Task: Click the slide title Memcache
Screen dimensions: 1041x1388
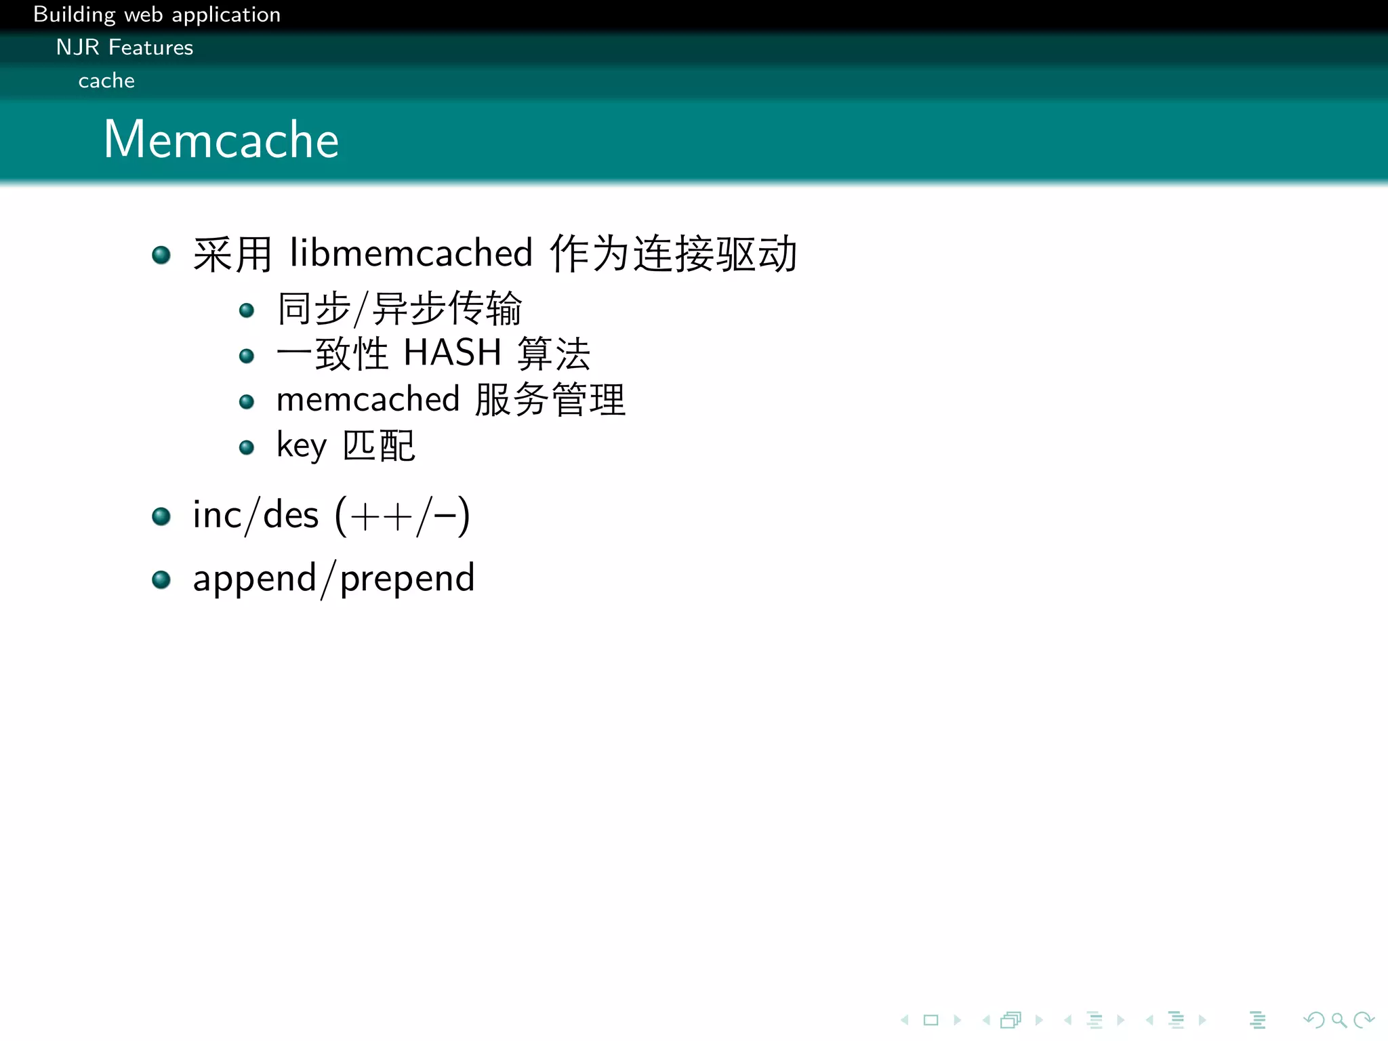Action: (221, 140)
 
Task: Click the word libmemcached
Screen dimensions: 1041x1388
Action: (411, 254)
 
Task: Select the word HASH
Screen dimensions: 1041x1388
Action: (452, 353)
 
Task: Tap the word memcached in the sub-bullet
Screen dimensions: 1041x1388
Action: (368, 399)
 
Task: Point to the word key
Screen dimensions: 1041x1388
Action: (301, 447)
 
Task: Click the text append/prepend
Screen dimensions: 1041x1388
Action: (333, 579)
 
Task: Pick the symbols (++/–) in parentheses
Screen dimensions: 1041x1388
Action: (402, 516)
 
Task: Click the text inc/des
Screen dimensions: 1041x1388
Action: (256, 516)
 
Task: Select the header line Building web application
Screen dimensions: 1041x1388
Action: (157, 14)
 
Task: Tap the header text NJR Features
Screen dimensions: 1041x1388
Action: (125, 47)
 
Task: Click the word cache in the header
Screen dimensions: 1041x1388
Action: (106, 81)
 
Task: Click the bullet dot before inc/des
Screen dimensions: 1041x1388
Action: (161, 517)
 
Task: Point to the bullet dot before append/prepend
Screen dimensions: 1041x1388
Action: (161, 580)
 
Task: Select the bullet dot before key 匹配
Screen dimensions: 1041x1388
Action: (247, 447)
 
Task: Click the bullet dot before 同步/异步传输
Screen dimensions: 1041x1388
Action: (247, 310)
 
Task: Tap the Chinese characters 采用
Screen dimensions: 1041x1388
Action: (232, 255)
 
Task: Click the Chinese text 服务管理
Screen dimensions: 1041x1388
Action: (550, 399)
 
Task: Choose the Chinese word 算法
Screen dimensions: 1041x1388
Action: (554, 354)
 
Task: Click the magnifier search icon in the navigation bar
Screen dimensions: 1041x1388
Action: (1339, 1020)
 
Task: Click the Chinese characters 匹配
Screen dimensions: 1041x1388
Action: (378, 446)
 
